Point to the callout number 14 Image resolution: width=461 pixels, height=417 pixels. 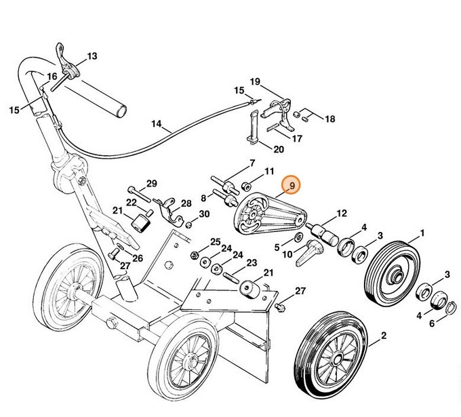pyautogui.click(x=157, y=124)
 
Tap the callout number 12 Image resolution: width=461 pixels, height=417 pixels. pyautogui.click(x=342, y=213)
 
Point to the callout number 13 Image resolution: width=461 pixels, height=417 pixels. pyautogui.click(x=92, y=56)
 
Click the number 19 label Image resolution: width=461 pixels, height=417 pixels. pyautogui.click(x=255, y=82)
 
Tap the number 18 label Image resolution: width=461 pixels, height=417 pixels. pyautogui.click(x=330, y=119)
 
